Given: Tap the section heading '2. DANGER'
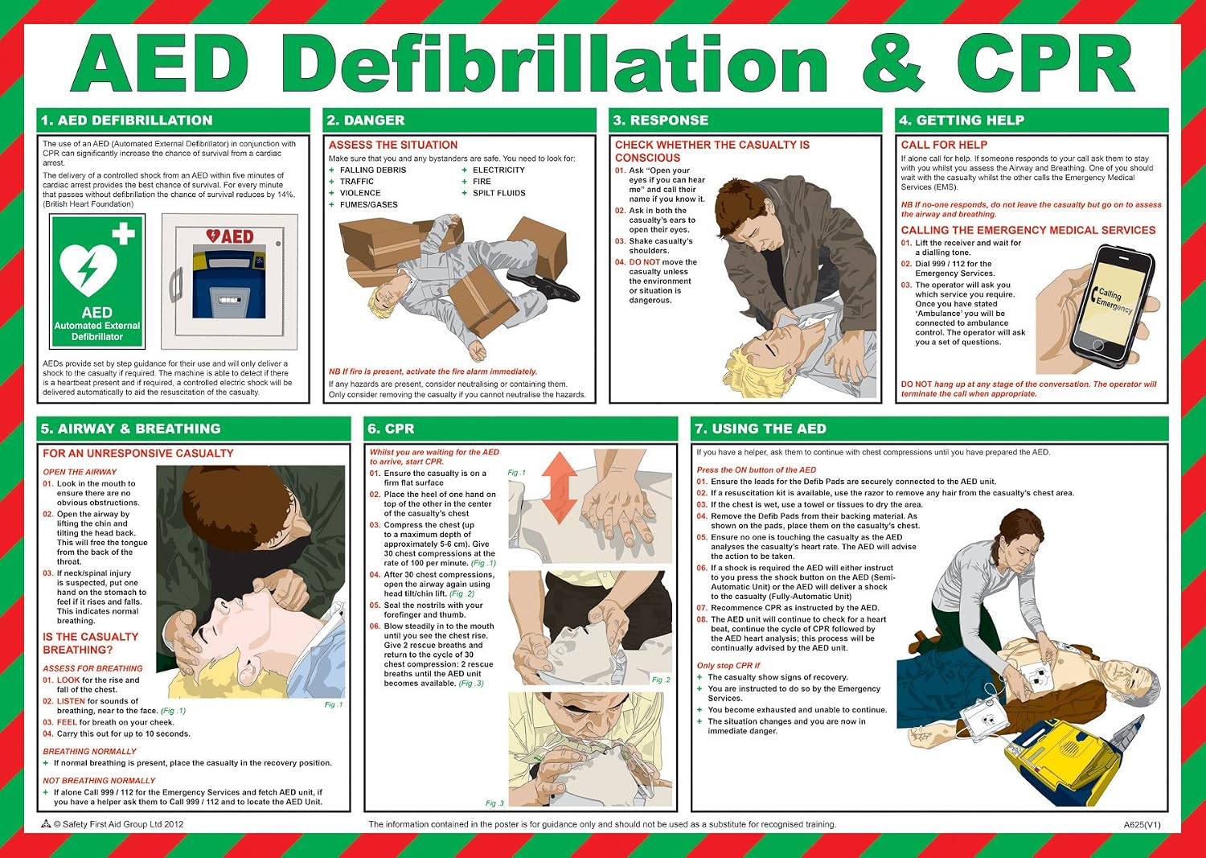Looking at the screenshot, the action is [366, 120].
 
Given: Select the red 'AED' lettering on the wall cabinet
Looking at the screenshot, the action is [230, 236].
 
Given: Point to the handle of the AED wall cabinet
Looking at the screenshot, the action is [175, 285].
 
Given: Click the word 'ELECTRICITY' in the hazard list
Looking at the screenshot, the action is [498, 170].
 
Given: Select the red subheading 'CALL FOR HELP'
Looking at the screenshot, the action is [944, 145].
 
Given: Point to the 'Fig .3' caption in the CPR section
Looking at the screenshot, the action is [494, 803].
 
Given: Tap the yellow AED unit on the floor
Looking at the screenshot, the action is [1064, 757].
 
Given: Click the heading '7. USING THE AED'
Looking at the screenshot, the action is [761, 429].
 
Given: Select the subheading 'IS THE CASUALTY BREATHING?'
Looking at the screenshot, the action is [91, 643].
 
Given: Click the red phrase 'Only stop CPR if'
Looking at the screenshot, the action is [728, 665].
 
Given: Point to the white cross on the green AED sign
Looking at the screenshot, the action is [123, 234].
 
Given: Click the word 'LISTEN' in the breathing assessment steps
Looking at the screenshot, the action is [71, 701].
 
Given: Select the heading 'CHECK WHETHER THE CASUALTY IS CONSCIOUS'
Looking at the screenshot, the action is [712, 151].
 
